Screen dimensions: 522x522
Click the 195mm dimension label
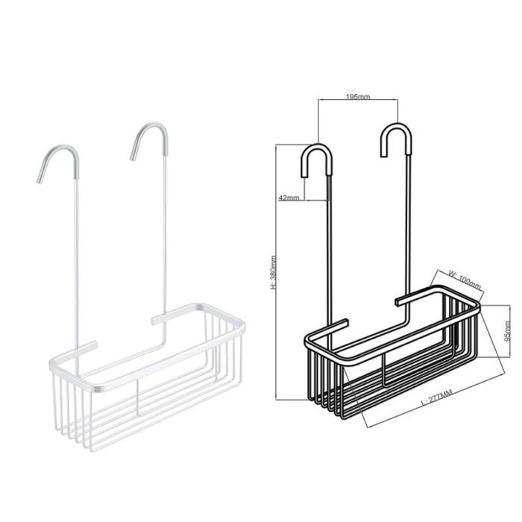tap(358, 97)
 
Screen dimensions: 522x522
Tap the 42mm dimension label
tap(289, 198)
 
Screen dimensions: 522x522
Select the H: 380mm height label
tap(274, 272)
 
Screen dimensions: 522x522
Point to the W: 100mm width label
tap(465, 279)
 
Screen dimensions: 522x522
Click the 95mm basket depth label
tap(507, 331)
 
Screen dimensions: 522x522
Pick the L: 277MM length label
tap(437, 397)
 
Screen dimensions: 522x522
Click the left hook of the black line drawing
tap(317, 160)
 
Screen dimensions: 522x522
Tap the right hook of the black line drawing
tap(396, 140)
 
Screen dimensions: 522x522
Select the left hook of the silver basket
tap(58, 163)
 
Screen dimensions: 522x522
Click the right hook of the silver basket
tap(149, 140)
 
